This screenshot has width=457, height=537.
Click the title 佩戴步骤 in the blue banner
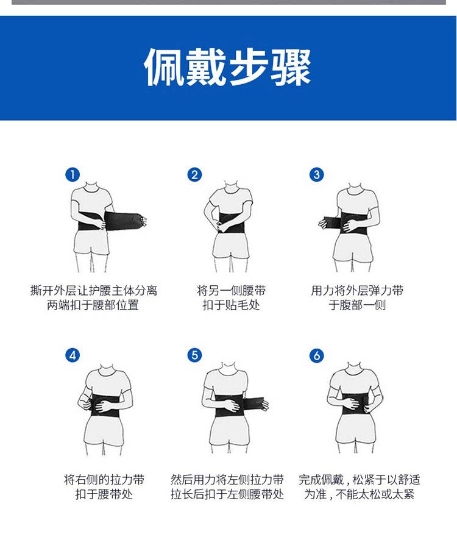(228, 67)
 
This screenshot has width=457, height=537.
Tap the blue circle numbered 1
(73, 175)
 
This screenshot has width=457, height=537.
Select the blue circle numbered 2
(194, 175)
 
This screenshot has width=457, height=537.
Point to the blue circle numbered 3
(317, 175)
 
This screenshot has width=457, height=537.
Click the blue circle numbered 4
(73, 355)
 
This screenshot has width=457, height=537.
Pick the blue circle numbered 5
(194, 355)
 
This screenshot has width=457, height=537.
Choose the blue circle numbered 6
(317, 355)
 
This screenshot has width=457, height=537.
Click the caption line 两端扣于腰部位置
(93, 305)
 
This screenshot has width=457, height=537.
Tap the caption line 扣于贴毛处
(231, 305)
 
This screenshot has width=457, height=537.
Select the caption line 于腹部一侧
(357, 305)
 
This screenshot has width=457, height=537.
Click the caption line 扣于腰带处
(104, 494)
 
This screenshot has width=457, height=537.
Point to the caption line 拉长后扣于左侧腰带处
(227, 494)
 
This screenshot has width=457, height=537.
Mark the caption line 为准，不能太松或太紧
(359, 494)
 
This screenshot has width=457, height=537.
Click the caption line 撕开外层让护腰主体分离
(93, 290)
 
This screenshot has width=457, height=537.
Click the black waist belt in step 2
(233, 222)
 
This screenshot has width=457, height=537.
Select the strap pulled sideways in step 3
(330, 223)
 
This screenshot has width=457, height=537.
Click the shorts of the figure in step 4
(104, 432)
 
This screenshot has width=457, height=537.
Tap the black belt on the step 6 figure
(355, 405)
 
